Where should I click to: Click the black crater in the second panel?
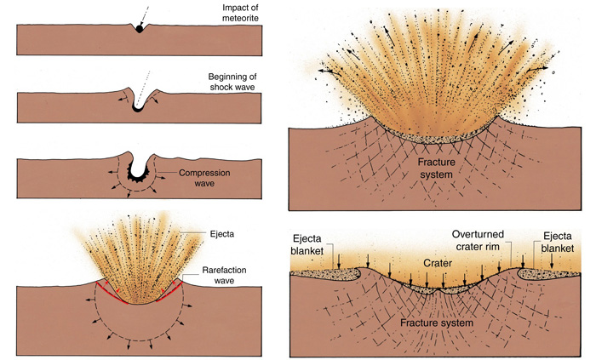136,108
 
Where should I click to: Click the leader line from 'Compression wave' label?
164,174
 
